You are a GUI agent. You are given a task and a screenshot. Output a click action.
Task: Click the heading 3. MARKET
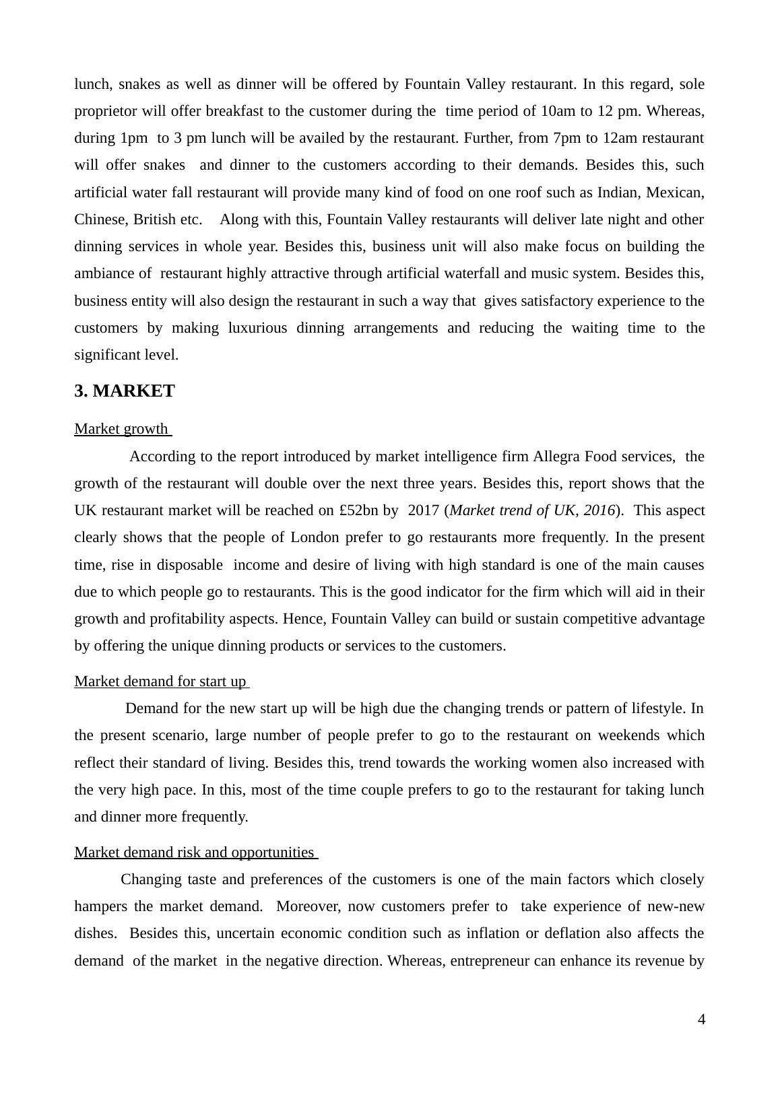125,391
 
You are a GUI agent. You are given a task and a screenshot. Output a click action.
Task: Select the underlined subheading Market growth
121,429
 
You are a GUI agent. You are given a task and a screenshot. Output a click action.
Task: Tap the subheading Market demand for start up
160,681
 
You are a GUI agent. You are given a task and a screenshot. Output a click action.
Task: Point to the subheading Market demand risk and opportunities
194,853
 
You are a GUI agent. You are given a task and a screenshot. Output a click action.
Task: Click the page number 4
701,1020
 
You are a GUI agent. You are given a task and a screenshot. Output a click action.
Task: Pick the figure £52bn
358,510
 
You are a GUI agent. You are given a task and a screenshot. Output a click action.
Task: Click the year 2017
423,510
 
